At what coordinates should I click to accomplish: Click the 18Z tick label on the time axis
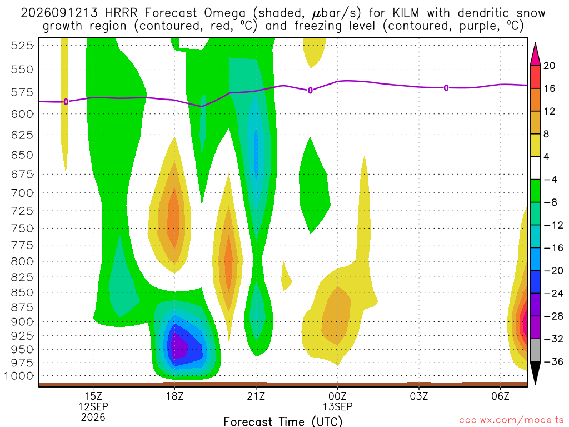pyautogui.click(x=174, y=396)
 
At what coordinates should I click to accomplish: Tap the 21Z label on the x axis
pyautogui.click(x=256, y=396)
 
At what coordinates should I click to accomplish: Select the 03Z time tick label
pyautogui.click(x=419, y=396)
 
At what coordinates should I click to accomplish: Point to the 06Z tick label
pyautogui.click(x=501, y=396)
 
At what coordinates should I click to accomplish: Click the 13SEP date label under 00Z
pyautogui.click(x=337, y=406)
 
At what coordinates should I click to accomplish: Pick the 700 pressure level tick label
pyautogui.click(x=22, y=193)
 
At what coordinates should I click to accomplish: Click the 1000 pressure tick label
pyautogui.click(x=19, y=376)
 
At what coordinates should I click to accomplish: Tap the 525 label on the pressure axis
pyautogui.click(x=22, y=46)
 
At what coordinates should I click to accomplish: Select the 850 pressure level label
pyautogui.click(x=22, y=292)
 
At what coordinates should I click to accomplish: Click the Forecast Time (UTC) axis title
pyautogui.click(x=283, y=421)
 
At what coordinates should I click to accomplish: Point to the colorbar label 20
pyautogui.click(x=550, y=66)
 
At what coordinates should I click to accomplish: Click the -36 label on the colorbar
pyautogui.click(x=553, y=361)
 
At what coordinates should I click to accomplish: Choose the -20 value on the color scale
pyautogui.click(x=553, y=271)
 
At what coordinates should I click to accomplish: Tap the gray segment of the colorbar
pyautogui.click(x=535, y=350)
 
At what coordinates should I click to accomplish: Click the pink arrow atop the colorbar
pyautogui.click(x=535, y=54)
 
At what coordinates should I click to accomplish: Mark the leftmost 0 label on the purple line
pyautogui.click(x=66, y=102)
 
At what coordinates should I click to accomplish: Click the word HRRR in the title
pyautogui.click(x=121, y=13)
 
